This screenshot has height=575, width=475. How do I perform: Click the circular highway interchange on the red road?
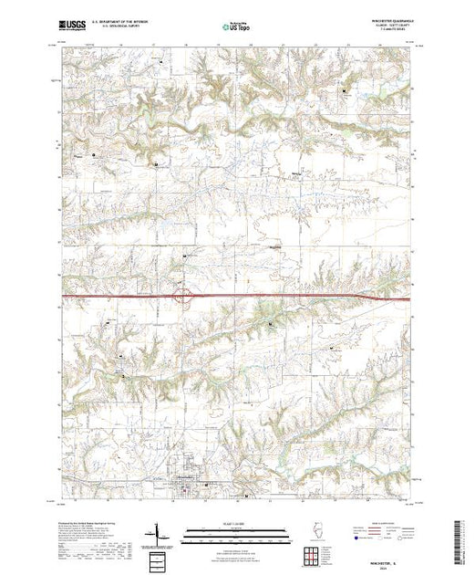coord(182,296)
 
